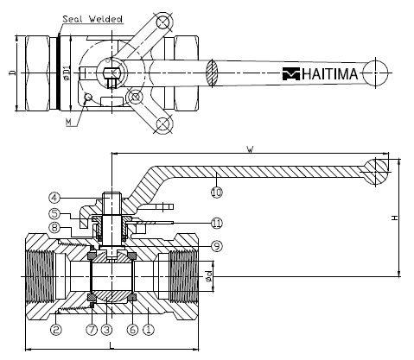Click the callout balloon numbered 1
(x=149, y=330)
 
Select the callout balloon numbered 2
(x=56, y=330)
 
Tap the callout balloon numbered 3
(x=106, y=330)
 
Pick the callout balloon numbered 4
(x=54, y=198)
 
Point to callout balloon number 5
(x=54, y=213)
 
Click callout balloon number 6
(x=132, y=330)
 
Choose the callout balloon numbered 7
(x=92, y=330)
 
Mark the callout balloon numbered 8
(x=54, y=228)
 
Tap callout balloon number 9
(x=217, y=246)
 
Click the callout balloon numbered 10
(x=217, y=192)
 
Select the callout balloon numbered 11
(x=217, y=223)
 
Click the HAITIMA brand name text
(x=330, y=74)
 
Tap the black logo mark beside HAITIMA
(x=291, y=74)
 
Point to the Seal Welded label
(x=92, y=19)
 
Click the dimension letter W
(x=251, y=149)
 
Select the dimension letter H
(x=395, y=218)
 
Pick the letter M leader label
(x=68, y=123)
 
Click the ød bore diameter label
(x=209, y=276)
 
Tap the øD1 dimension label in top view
(x=66, y=73)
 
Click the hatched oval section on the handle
(x=213, y=73)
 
